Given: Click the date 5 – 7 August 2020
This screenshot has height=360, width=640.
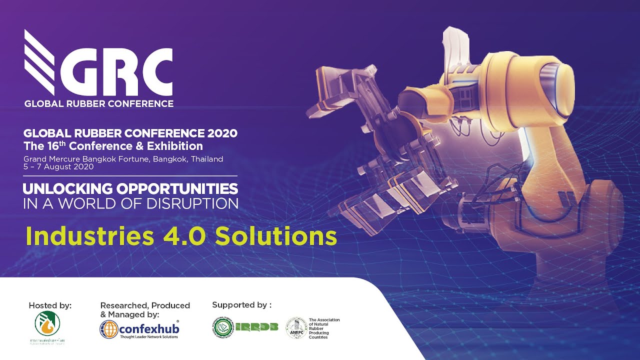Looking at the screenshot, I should tap(58, 167).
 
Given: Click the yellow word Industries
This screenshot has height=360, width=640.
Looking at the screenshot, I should tap(89, 235).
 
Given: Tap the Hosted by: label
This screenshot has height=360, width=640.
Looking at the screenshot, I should tap(50, 305).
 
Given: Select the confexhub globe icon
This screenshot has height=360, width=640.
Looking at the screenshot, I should tap(108, 329).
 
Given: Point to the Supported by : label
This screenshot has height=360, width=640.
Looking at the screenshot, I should tap(241, 304).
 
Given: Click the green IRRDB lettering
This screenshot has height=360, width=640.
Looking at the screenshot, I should tap(256, 327).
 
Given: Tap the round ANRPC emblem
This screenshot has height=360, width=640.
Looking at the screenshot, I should tap(296, 327).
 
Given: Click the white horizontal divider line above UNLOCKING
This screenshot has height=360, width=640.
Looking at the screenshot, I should tap(130, 176).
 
